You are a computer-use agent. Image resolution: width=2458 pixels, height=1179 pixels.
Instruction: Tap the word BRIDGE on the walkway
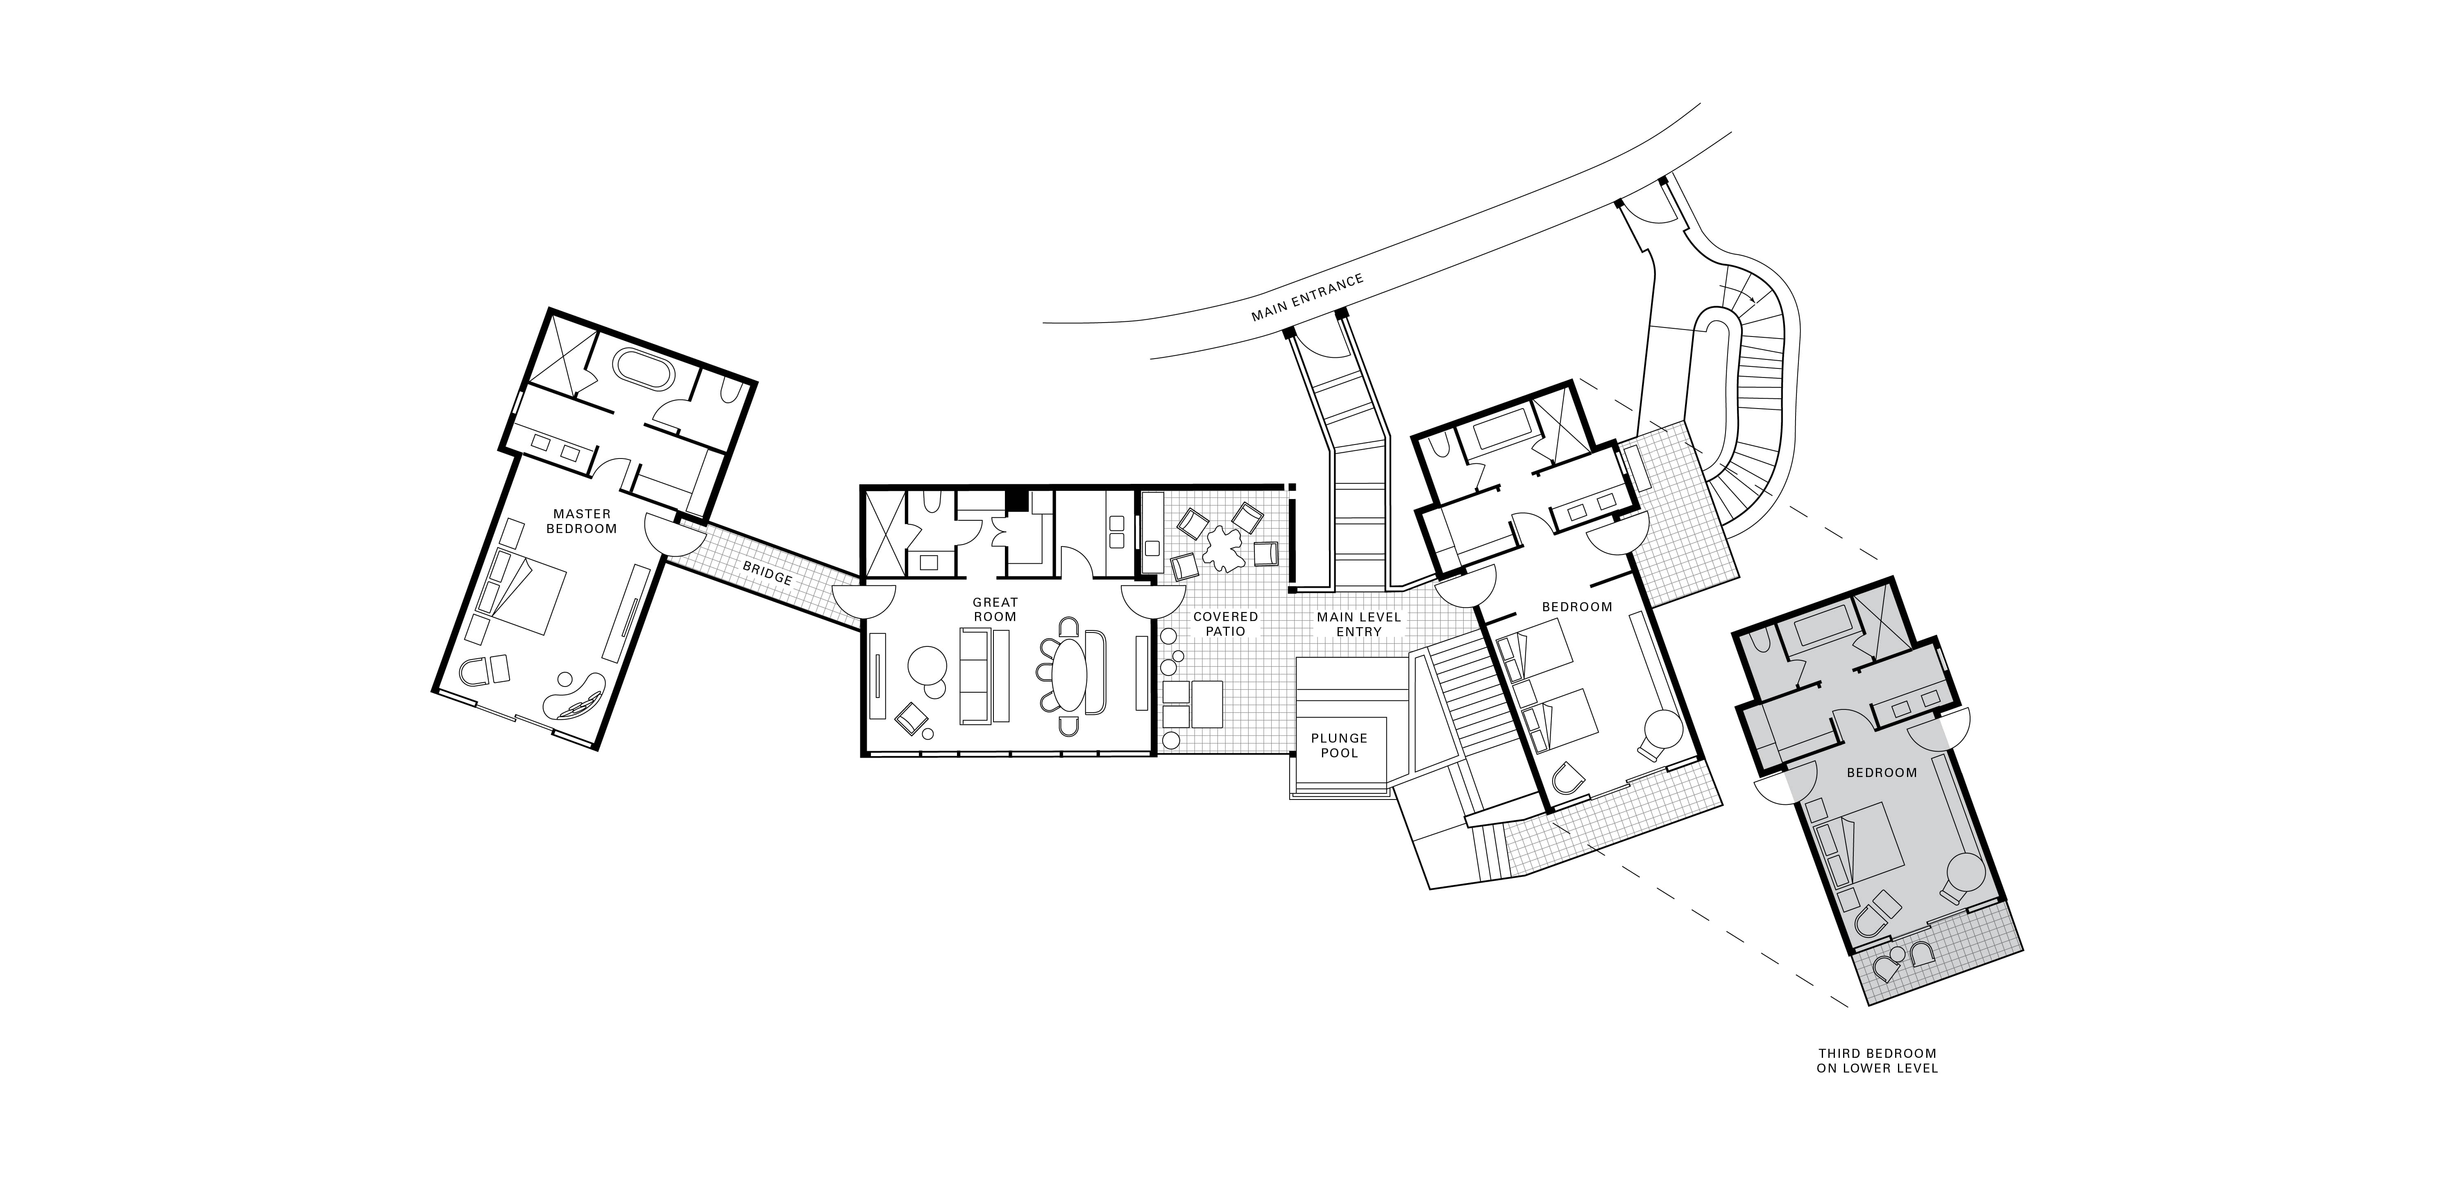pyautogui.click(x=767, y=572)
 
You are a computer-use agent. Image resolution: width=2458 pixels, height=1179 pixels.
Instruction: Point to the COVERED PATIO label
pyautogui.click(x=1226, y=624)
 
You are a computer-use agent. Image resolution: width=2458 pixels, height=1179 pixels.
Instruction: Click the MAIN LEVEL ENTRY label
pyautogui.click(x=1359, y=624)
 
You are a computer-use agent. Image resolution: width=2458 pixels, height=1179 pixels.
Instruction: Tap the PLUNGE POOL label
pyautogui.click(x=1340, y=745)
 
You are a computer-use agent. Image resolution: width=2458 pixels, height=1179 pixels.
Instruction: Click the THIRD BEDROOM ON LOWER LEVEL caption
pyautogui.click(x=1877, y=1061)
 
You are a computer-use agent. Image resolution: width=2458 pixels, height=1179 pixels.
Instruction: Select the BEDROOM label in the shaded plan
pyautogui.click(x=1882, y=772)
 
